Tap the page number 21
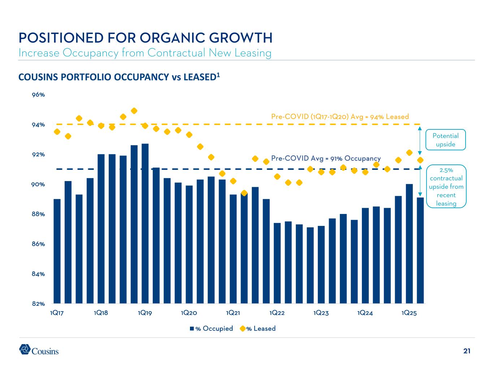click(x=467, y=351)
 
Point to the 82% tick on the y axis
click(x=38, y=304)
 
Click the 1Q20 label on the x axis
click(x=189, y=313)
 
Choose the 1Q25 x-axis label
click(x=409, y=313)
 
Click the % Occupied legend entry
click(x=212, y=329)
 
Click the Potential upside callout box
click(x=446, y=140)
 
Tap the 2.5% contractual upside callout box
click(x=446, y=186)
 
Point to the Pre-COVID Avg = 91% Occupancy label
click(x=326, y=158)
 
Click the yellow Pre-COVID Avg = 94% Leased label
click(x=340, y=116)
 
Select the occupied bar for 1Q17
click(x=57, y=251)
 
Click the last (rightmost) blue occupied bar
click(x=420, y=250)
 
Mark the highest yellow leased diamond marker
click(x=134, y=111)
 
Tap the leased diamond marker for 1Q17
click(x=57, y=132)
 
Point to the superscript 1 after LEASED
click(x=219, y=75)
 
